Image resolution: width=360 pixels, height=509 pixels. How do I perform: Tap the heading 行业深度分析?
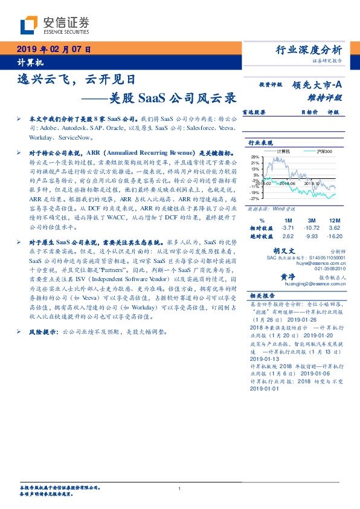point(309,50)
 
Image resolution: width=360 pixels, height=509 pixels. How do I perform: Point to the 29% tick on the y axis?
point(256,157)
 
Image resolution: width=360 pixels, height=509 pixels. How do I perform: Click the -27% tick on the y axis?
point(256,198)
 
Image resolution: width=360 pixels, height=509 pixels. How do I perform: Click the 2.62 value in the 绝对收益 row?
point(287,237)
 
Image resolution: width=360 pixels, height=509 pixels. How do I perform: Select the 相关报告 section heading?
point(262,296)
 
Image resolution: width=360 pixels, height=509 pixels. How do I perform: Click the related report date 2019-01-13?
point(260,357)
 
